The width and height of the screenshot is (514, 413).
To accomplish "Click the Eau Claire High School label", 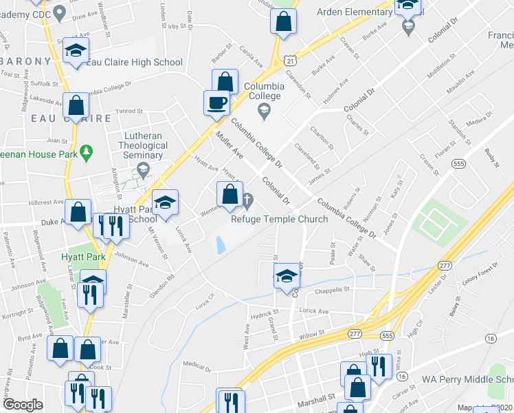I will [135, 62].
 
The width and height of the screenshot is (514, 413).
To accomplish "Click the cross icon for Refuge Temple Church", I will [247, 200].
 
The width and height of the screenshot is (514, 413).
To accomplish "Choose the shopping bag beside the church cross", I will [230, 193].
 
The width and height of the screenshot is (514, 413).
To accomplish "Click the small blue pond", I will [221, 244].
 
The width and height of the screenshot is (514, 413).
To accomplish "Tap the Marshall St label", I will [315, 397].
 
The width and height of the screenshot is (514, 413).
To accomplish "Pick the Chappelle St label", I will [333, 290].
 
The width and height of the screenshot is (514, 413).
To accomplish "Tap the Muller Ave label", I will [230, 142].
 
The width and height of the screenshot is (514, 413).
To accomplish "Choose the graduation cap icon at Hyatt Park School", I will [165, 203].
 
